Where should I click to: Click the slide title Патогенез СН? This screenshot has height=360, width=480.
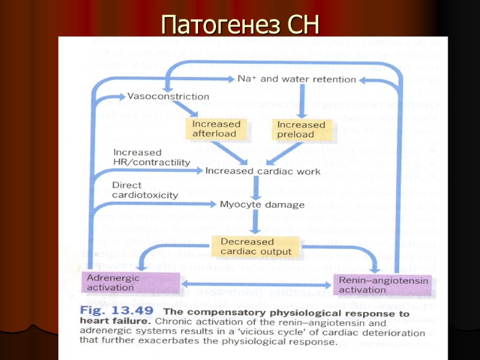click(240, 25)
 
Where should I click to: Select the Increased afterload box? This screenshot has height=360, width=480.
click(216, 129)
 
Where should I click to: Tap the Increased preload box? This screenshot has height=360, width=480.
click(301, 129)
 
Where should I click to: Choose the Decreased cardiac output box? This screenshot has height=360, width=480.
click(256, 247)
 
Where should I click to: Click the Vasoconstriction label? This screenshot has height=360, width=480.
click(168, 96)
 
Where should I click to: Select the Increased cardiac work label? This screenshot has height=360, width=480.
click(263, 172)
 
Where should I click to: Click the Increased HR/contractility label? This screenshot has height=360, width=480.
click(151, 157)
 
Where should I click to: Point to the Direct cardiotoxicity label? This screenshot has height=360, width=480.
click(145, 190)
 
